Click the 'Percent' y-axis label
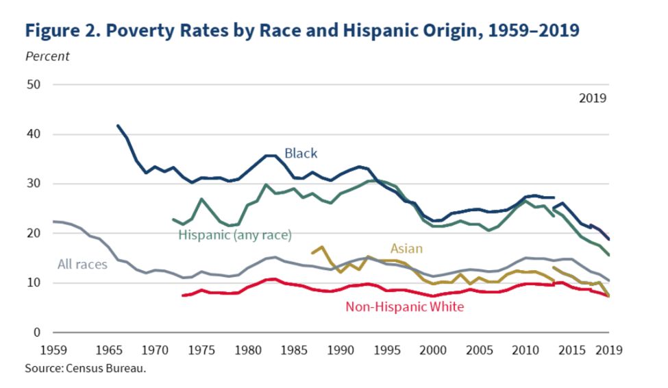[47, 56]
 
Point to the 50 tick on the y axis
[34, 85]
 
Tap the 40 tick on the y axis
[34, 134]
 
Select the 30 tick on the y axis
[34, 184]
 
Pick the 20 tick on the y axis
[34, 233]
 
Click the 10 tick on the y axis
[34, 283]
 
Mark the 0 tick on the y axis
[37, 332]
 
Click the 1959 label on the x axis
[53, 350]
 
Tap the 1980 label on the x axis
[245, 350]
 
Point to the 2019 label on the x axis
[608, 350]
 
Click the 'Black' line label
[301, 153]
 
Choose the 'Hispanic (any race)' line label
[235, 235]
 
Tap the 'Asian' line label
[406, 248]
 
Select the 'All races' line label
[82, 264]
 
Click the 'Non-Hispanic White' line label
[404, 306]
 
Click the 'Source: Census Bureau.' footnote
[86, 368]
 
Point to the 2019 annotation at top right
[593, 98]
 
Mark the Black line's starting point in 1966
[118, 125]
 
